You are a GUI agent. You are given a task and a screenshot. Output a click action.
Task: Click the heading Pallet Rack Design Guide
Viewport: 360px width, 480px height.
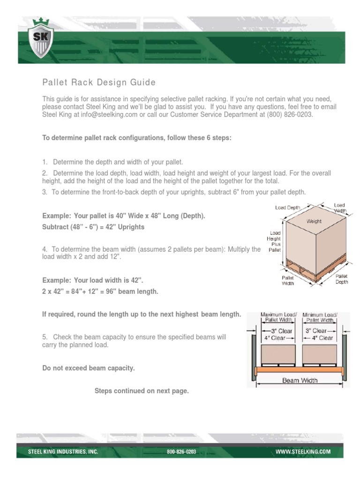point(99,83)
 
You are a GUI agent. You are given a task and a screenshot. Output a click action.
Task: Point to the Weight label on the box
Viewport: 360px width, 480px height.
point(314,220)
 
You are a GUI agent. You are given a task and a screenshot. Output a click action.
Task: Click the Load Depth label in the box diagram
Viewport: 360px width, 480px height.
point(287,208)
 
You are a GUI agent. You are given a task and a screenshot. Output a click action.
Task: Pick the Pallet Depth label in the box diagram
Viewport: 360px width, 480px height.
point(341,279)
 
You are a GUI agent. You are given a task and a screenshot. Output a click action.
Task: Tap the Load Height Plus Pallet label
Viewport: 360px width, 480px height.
point(275,241)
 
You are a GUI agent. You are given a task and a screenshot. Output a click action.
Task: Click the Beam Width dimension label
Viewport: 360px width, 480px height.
point(300,381)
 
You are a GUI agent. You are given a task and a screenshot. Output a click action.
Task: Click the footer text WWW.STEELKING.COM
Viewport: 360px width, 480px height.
point(302,452)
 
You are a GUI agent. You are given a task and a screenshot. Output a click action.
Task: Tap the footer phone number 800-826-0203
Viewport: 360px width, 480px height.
point(181,452)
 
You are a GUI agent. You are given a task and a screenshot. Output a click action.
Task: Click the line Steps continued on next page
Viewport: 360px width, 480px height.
point(142,391)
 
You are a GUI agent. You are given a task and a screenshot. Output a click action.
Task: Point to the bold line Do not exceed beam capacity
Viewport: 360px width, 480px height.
point(89,368)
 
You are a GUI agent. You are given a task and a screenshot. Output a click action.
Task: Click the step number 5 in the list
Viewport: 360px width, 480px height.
point(44,337)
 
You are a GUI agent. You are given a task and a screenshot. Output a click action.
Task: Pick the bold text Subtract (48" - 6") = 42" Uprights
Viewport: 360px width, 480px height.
point(93,227)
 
